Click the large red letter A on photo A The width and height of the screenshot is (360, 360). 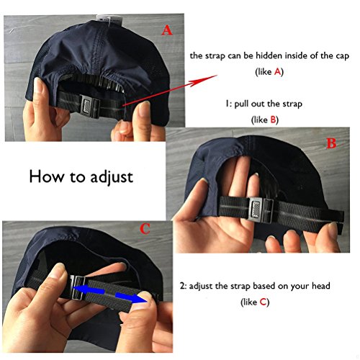(167, 30)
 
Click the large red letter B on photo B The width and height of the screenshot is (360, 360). (331, 143)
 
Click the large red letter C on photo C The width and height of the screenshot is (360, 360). (145, 229)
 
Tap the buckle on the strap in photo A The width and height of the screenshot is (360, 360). (90, 107)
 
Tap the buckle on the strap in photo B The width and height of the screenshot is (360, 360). (261, 210)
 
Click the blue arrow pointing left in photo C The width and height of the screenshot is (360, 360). (89, 289)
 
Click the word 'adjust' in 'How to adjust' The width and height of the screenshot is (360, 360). (112, 178)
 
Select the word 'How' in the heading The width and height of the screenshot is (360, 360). (47, 176)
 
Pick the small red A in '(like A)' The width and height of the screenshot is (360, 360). (277, 71)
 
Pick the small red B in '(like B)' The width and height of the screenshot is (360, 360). (273, 120)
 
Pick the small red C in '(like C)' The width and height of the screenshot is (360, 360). (264, 302)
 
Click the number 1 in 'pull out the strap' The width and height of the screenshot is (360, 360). (227, 104)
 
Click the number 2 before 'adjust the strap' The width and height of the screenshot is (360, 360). (182, 286)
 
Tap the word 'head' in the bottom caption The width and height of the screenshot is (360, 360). (321, 286)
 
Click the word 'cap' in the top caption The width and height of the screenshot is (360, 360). (342, 56)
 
